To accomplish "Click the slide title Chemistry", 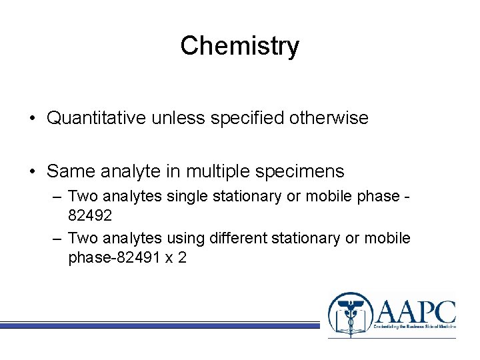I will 239,46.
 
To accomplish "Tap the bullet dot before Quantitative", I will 32,119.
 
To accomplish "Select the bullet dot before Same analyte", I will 32,172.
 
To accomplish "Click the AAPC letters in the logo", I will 415,311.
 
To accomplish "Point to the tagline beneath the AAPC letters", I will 415,331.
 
